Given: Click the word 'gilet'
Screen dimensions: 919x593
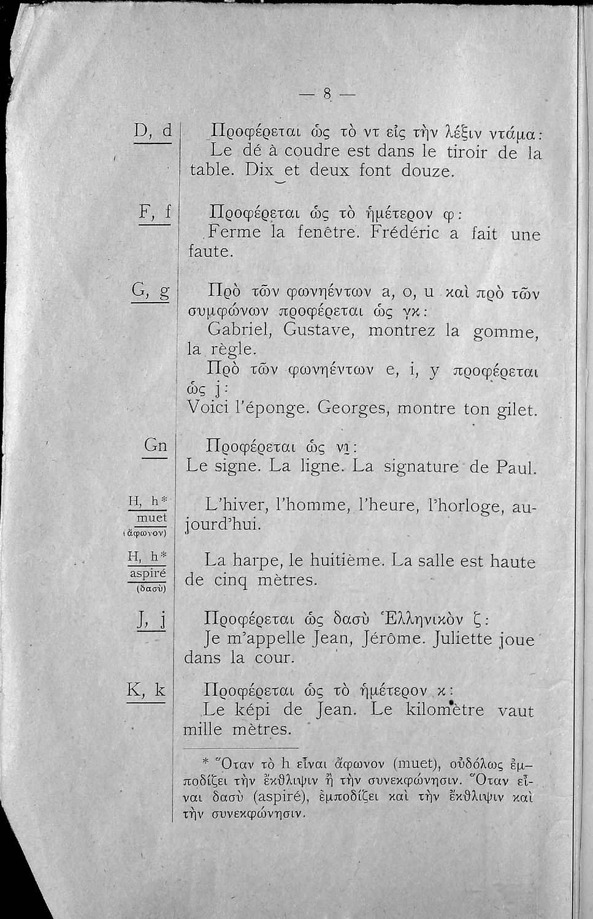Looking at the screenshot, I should point(516,407).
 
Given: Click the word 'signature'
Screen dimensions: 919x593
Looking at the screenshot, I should point(420,467).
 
